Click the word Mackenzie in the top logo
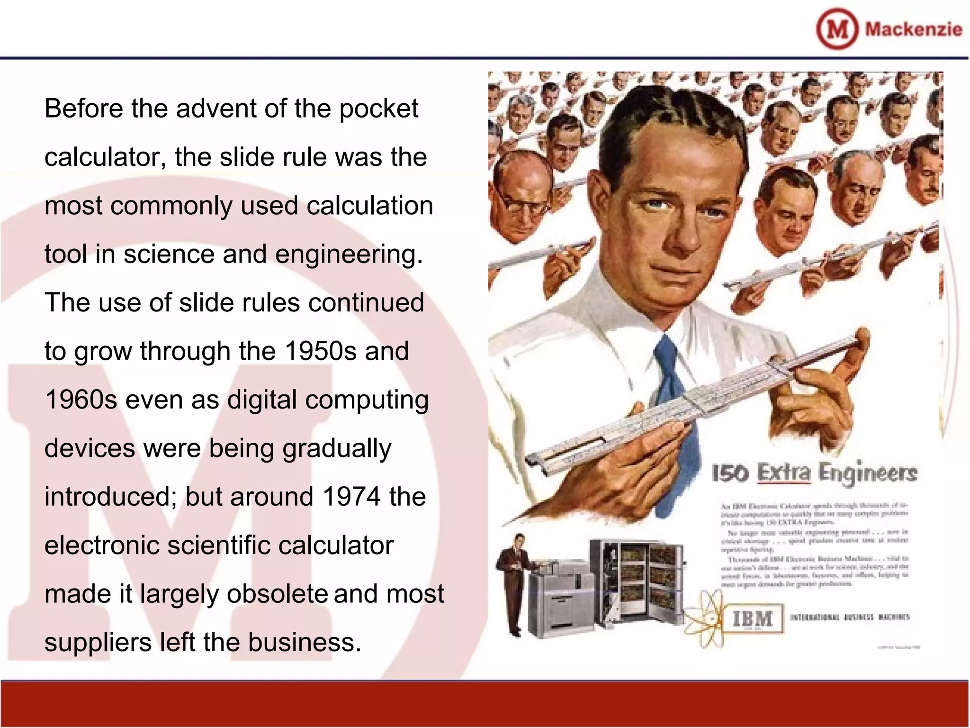pos(914,29)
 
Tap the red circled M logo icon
pos(837,29)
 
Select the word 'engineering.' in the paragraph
pos(349,255)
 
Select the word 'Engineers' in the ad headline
pos(868,473)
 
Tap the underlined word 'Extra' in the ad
pos(784,473)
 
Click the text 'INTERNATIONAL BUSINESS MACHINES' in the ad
pos(850,617)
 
